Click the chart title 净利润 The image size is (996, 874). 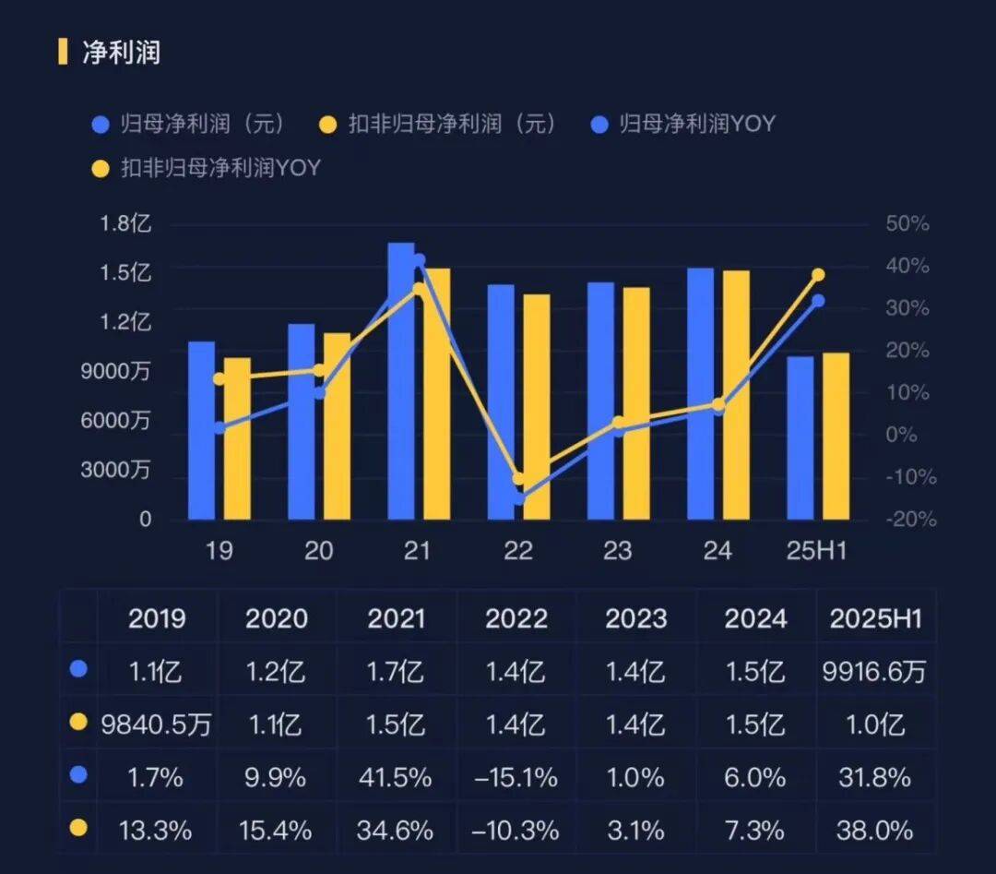(122, 52)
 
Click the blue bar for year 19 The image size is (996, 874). (201, 432)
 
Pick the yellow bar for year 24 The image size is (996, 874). (736, 395)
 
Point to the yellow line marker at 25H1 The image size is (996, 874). (818, 275)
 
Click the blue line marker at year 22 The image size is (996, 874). (518, 497)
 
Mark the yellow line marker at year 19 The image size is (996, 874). (219, 378)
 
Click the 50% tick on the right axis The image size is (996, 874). (907, 224)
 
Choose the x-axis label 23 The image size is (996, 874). (617, 552)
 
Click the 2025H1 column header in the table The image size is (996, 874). (875, 618)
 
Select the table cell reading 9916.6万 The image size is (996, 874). (875, 671)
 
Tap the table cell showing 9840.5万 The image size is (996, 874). (156, 724)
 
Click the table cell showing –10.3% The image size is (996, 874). (516, 830)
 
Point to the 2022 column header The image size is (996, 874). (516, 618)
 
